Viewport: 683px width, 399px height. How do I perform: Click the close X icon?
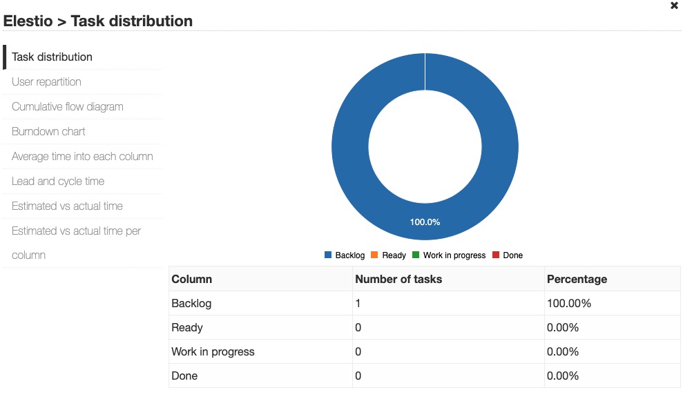[x=674, y=6]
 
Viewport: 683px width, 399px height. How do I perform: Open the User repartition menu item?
[x=46, y=82]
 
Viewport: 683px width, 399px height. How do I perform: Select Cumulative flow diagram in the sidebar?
[x=68, y=107]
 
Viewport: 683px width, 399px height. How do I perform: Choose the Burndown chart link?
[x=48, y=132]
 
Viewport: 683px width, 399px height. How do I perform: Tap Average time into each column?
[x=82, y=157]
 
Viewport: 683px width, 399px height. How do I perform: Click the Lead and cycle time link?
[x=58, y=182]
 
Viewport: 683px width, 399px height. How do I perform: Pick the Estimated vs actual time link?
[x=67, y=206]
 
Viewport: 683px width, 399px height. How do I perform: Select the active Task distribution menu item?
[x=52, y=57]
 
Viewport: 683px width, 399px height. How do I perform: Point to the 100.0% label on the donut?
[x=425, y=222]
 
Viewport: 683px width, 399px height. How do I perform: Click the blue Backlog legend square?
[x=328, y=255]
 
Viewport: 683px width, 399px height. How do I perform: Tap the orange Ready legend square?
[x=374, y=255]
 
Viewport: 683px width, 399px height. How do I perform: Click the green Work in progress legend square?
[x=416, y=255]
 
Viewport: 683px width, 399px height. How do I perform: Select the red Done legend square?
[x=496, y=255]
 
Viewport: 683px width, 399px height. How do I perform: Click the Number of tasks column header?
[x=398, y=280]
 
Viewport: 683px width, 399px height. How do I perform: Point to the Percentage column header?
[x=577, y=280]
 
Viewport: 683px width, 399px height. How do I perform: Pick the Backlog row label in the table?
[x=191, y=304]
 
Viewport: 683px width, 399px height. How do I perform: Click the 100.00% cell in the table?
[x=569, y=304]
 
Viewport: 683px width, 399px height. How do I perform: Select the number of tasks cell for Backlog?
[x=358, y=304]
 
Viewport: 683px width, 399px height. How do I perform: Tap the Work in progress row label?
[x=213, y=352]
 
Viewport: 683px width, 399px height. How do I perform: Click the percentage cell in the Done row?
[x=563, y=376]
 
